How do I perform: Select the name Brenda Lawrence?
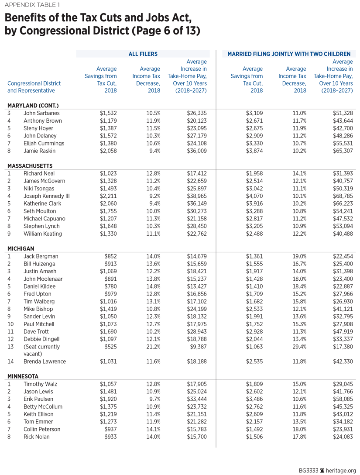pyautogui.click(x=45, y=361)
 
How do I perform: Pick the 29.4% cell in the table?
pyautogui.click(x=299, y=347)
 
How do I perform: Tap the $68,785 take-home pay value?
pyautogui.click(x=341, y=196)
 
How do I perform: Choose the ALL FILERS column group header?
pyautogui.click(x=143, y=54)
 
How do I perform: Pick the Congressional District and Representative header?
pyautogui.click(x=34, y=87)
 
